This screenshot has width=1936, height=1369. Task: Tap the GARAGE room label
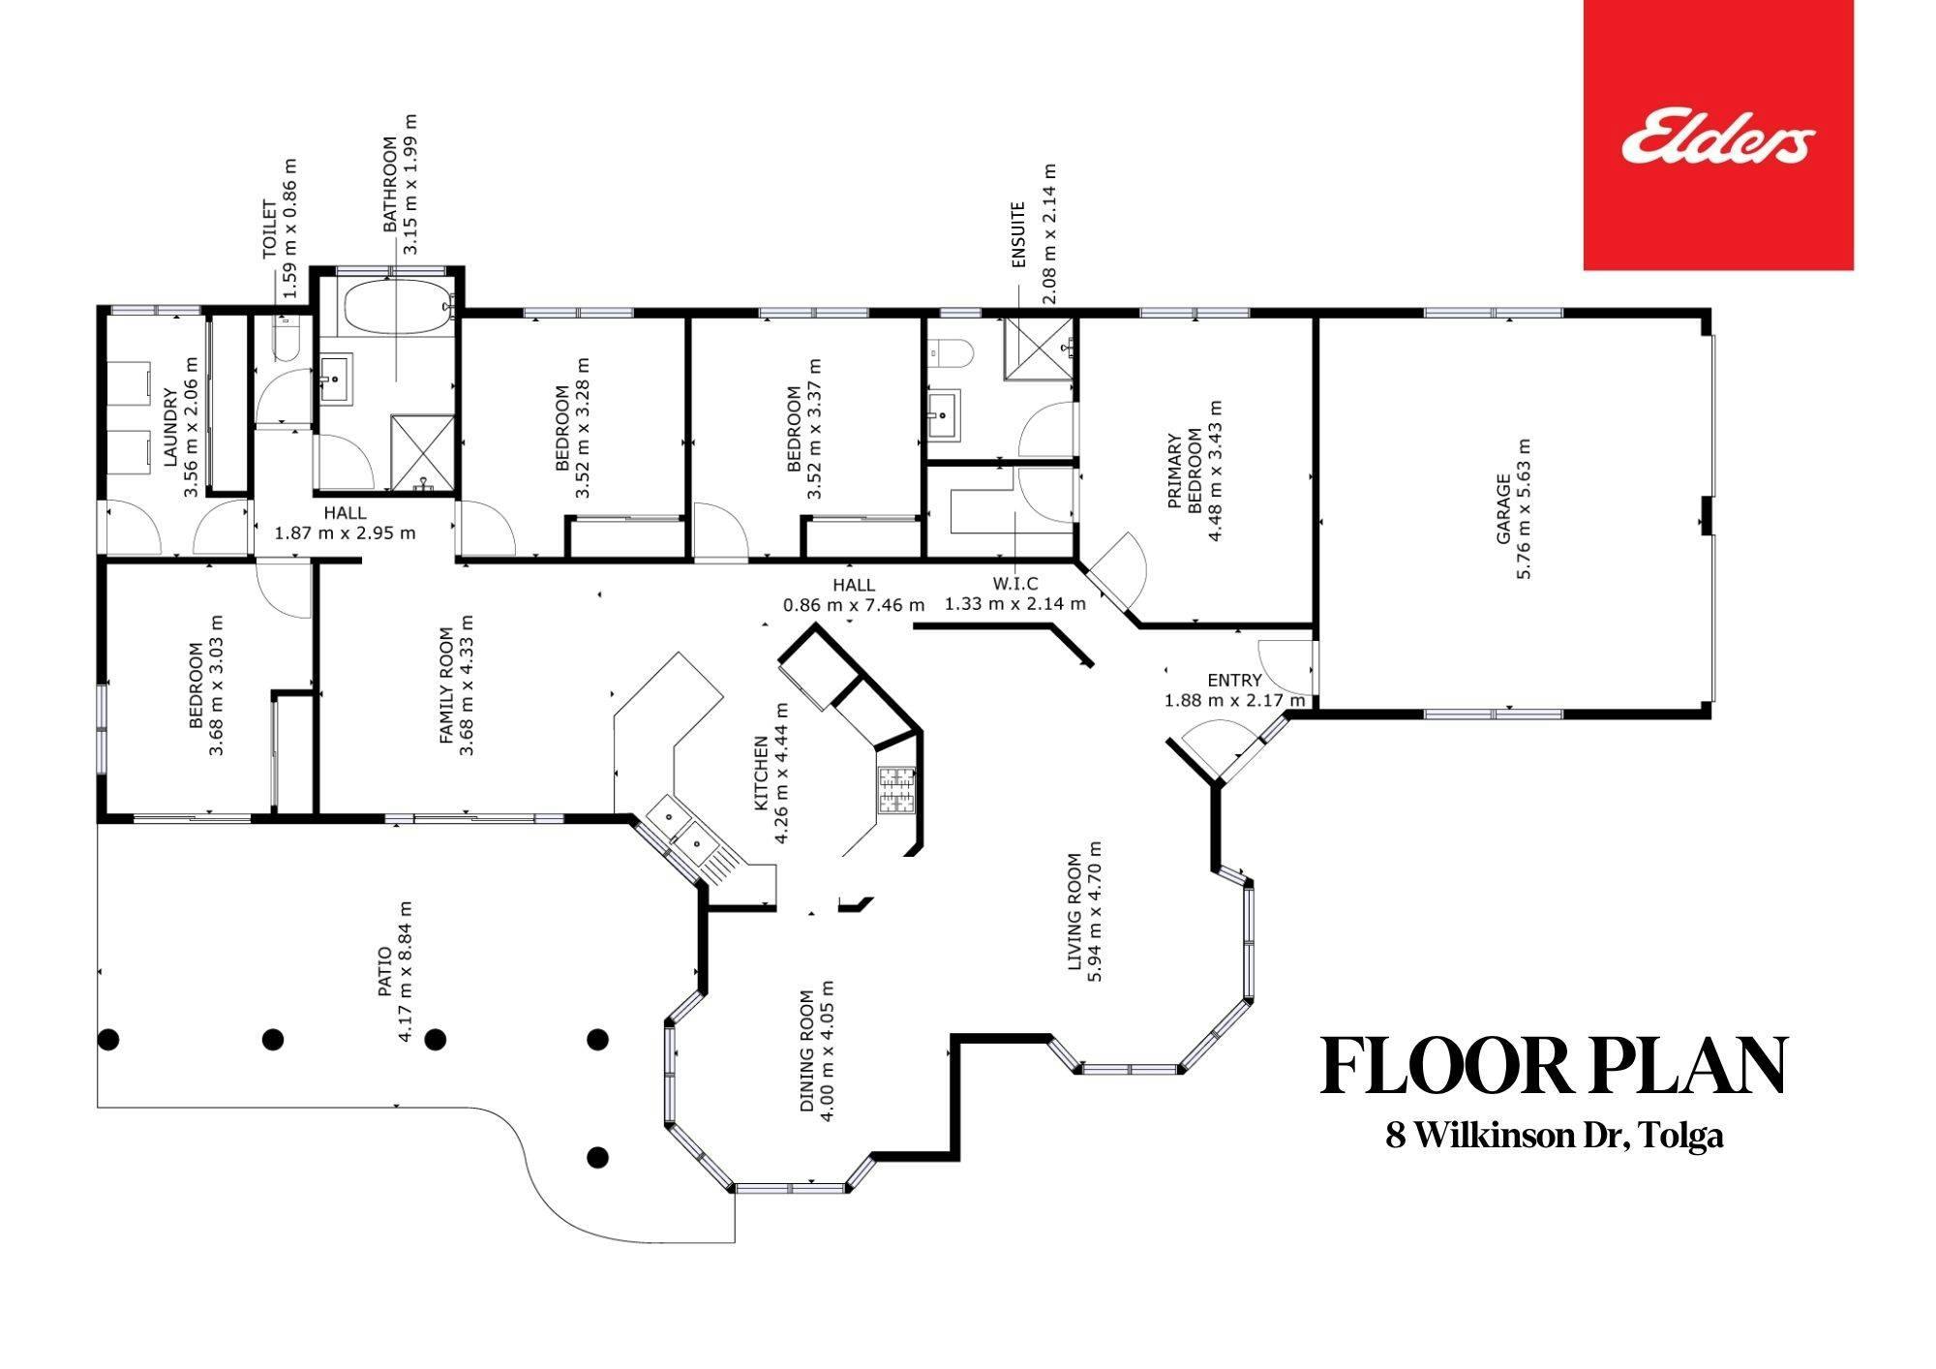pyautogui.click(x=1503, y=508)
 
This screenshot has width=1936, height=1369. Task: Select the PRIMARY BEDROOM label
pyautogui.click(x=1184, y=472)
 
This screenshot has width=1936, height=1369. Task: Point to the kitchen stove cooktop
pyautogui.click(x=896, y=789)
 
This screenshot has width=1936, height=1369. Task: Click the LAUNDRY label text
pyautogui.click(x=170, y=428)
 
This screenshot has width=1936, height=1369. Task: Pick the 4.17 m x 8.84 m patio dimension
pyautogui.click(x=405, y=972)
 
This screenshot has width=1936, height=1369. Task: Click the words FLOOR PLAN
pyautogui.click(x=1554, y=1066)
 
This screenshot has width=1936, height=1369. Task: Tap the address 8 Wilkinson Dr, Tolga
pyautogui.click(x=1555, y=1135)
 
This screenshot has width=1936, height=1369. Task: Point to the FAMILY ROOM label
pyautogui.click(x=445, y=685)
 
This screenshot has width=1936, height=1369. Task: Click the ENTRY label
pyautogui.click(x=1234, y=680)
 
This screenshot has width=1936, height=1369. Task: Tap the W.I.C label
pyautogui.click(x=1014, y=584)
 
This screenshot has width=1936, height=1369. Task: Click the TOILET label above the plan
pyautogui.click(x=270, y=229)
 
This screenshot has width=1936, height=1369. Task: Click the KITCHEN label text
pyautogui.click(x=760, y=774)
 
